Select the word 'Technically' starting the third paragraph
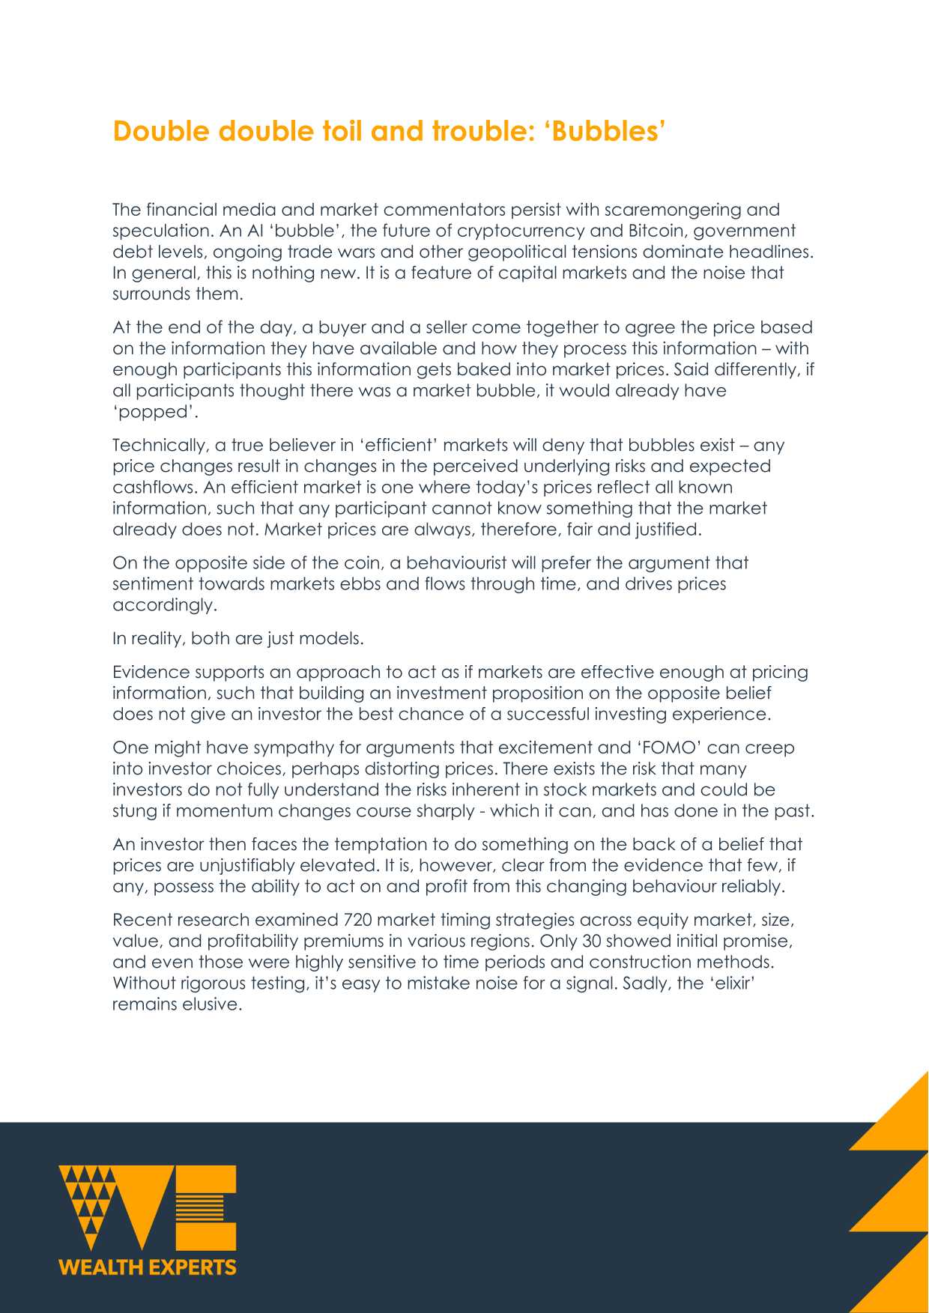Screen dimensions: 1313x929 coord(159,446)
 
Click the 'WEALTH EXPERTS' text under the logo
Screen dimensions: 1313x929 coord(148,1267)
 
